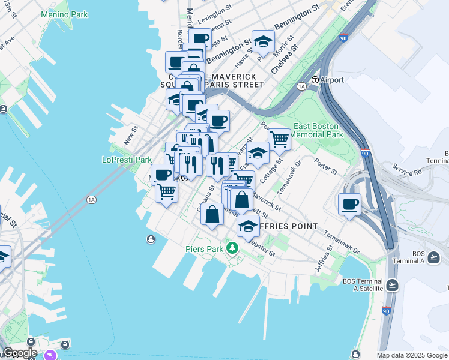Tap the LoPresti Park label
127,160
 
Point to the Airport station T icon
315,80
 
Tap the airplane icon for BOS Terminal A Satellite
392,284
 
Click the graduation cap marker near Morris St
263,41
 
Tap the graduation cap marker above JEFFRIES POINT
247,226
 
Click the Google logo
20,353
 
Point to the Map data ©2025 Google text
412,355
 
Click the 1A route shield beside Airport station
301,86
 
